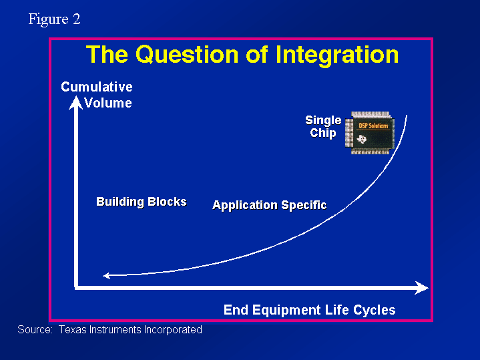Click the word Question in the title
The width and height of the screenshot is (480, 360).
point(187,55)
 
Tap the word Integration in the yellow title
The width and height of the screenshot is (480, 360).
point(337,55)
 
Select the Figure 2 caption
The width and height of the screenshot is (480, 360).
point(54,19)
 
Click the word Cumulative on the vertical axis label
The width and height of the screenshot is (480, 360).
point(97,87)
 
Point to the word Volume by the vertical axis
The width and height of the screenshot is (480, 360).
point(108,103)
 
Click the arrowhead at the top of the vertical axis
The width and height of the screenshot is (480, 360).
point(75,102)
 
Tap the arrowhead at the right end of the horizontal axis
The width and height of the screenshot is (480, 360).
point(421,288)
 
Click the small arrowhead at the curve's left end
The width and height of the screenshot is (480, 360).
point(107,276)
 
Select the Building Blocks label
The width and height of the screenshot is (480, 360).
point(142,202)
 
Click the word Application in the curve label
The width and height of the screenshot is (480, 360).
point(244,205)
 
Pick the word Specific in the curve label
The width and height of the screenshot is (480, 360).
point(304,205)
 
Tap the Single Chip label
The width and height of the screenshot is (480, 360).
point(323,126)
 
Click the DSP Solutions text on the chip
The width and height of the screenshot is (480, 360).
point(373,126)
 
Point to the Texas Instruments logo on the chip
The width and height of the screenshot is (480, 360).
point(362,139)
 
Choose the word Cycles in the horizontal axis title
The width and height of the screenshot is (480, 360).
point(374,310)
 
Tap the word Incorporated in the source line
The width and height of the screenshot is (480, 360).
point(173,330)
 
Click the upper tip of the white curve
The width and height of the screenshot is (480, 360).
point(407,116)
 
